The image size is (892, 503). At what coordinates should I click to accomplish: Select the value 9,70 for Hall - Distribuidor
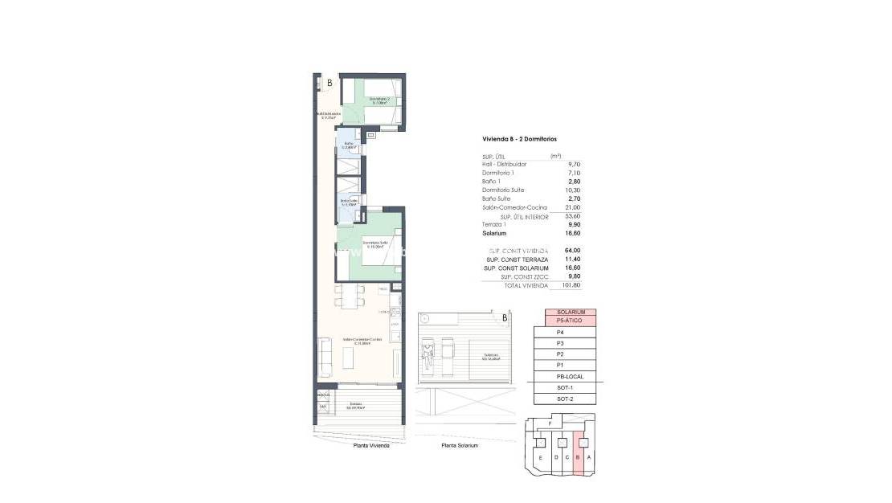[x=573, y=164]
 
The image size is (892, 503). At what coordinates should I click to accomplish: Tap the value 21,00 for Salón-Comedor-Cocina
[x=571, y=207]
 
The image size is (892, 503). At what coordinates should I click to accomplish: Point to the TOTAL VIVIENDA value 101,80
[x=570, y=285]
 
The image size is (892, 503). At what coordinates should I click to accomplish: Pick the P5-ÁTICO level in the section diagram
[x=570, y=321]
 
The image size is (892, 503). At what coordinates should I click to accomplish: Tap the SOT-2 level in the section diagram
[x=565, y=399]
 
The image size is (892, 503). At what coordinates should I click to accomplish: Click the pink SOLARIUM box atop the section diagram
[x=570, y=312]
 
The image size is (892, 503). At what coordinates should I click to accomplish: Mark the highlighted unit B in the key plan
[x=578, y=458]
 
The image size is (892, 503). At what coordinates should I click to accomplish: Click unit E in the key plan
[x=540, y=458]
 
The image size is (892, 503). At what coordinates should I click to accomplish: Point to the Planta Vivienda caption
[x=372, y=445]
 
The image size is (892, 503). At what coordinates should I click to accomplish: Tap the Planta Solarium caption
[x=460, y=445]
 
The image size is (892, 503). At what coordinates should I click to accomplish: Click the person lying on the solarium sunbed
[x=429, y=350]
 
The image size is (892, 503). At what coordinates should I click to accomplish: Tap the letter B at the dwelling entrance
[x=329, y=83]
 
